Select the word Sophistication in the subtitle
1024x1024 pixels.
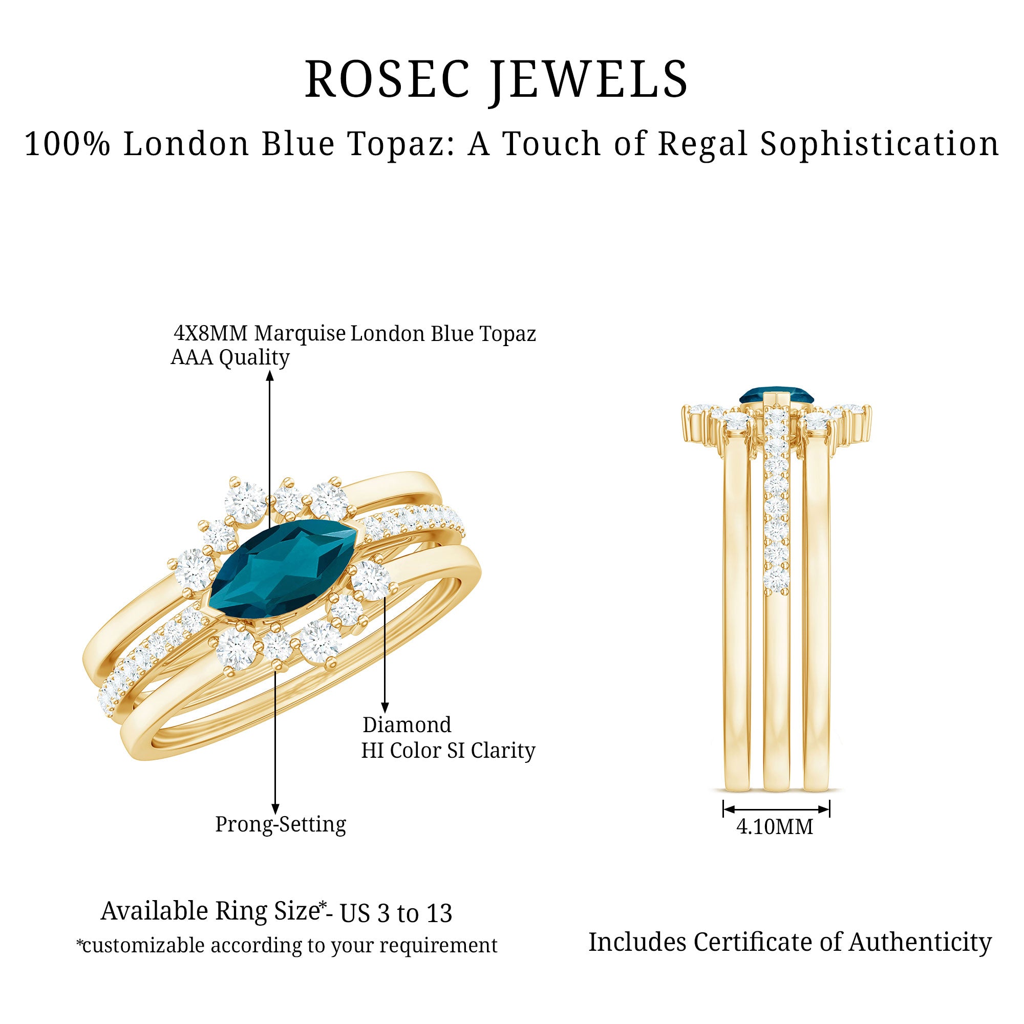879,144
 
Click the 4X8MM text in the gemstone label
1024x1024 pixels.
211,333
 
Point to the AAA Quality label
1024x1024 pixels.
230,357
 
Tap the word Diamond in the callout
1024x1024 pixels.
407,724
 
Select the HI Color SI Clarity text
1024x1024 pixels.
449,751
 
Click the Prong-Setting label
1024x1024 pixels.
281,824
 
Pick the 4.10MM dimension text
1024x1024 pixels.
774,827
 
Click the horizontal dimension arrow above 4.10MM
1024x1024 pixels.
776,809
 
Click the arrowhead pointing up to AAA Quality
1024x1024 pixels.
270,376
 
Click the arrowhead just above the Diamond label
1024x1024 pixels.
385,708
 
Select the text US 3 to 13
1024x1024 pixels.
396,913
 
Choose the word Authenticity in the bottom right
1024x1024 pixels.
920,942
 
